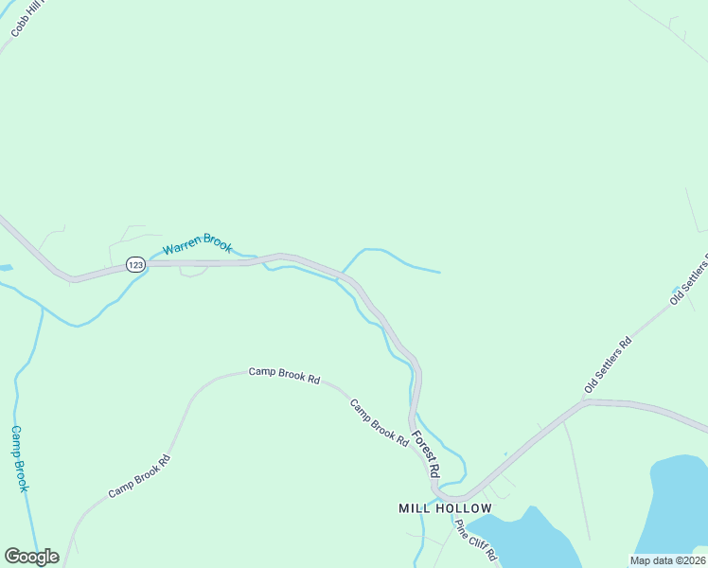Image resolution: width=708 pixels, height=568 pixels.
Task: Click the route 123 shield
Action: click(136, 266)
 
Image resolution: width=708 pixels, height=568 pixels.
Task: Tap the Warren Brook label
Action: click(197, 248)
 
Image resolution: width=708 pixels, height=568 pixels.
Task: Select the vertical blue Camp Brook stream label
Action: click(19, 458)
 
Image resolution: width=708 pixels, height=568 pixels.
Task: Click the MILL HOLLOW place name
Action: click(445, 508)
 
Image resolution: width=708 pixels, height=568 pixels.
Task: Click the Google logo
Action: click(31, 557)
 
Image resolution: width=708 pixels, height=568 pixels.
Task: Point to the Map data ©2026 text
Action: click(666, 560)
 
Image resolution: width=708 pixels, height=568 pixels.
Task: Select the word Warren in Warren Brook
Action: click(180, 250)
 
